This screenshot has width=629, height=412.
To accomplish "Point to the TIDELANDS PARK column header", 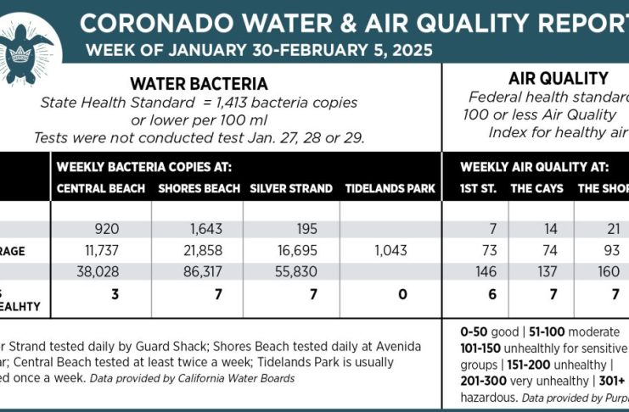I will (390, 188).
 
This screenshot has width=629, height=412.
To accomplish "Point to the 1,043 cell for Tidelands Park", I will (390, 251).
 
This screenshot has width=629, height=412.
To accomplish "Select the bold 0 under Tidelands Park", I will (402, 294).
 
